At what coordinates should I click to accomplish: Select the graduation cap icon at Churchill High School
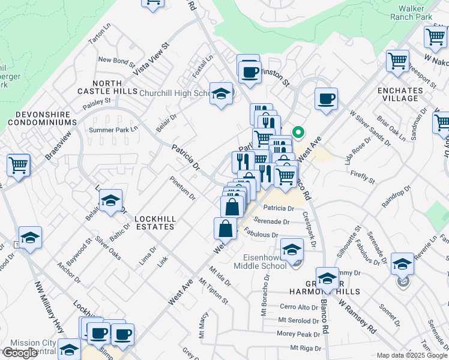(221, 94)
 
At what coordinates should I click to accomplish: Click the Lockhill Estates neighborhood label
(154, 223)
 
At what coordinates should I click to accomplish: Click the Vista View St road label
(151, 58)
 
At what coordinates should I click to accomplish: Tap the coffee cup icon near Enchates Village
(326, 98)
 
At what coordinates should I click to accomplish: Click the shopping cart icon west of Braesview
(18, 164)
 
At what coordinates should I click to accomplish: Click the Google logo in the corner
(20, 353)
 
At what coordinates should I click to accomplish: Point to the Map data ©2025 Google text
(411, 355)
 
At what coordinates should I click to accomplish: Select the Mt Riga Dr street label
(306, 348)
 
